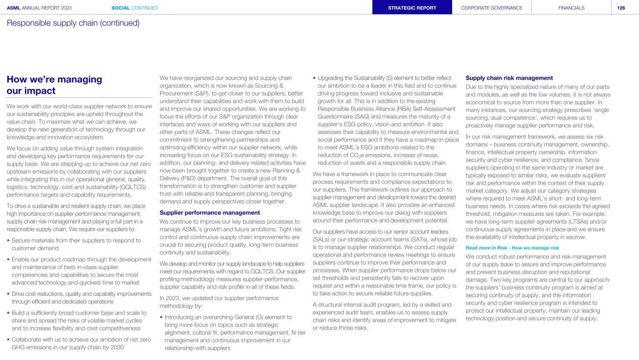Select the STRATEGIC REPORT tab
(x=412, y=8)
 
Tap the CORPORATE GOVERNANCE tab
(x=492, y=8)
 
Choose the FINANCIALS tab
(x=571, y=8)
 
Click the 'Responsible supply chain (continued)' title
(x=73, y=23)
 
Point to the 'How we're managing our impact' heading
(x=54, y=85)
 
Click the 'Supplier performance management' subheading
(x=210, y=213)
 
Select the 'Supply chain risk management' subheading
(x=509, y=78)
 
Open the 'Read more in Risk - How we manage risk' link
(x=513, y=247)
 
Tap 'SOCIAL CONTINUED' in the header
(x=135, y=8)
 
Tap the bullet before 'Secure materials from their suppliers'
(x=8, y=241)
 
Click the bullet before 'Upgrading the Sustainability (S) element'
(x=314, y=78)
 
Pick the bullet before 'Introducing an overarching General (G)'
(x=162, y=317)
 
